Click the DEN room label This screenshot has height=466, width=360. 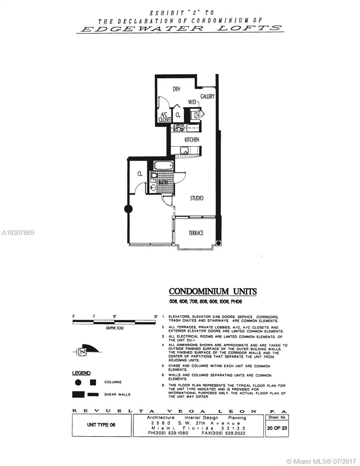point(176,89)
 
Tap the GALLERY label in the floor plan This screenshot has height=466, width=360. point(207,96)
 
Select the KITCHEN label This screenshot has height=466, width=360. point(192,139)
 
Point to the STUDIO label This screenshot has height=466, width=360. point(197,198)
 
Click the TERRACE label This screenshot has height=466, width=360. point(196,233)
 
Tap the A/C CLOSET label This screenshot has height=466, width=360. point(165,117)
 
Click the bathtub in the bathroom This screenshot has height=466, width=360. point(163,166)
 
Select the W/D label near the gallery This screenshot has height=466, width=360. point(193,102)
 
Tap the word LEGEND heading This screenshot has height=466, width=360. point(81,373)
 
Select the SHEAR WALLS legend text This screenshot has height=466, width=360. point(117,395)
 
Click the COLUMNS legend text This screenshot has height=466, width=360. point(113,382)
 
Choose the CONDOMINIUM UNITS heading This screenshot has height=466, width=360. point(213,292)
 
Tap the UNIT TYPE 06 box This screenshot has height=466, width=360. point(101,425)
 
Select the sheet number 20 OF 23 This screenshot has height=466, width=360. point(278,428)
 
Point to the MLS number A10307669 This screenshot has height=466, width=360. point(18,233)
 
